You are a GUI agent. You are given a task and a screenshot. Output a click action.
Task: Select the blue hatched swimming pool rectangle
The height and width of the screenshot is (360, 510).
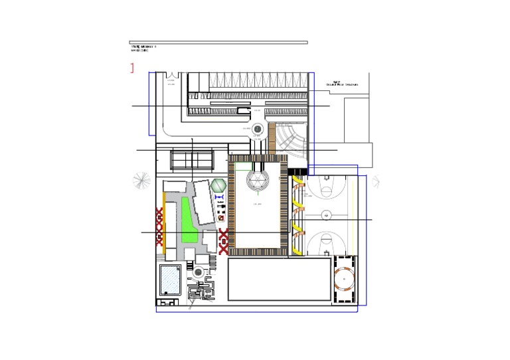pos(170,280)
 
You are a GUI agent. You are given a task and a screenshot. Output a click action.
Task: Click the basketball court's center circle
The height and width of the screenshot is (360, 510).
pos(326,215)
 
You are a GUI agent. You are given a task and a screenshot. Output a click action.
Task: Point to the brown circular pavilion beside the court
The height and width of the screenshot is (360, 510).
pos(345,280)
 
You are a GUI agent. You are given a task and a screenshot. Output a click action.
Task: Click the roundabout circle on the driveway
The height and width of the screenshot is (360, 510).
pos(257,129)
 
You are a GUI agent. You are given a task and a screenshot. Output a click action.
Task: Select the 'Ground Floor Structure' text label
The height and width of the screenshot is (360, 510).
pos(341,84)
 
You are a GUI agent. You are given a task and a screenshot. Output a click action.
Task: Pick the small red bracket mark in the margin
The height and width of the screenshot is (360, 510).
pos(133,67)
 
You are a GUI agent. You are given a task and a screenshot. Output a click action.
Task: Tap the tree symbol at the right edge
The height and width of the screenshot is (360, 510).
pos(375,180)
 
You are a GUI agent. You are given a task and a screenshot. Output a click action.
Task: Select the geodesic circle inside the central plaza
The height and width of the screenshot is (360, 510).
pos(257,179)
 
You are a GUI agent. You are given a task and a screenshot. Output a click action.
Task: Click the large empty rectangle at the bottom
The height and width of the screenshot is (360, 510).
pos(279,280)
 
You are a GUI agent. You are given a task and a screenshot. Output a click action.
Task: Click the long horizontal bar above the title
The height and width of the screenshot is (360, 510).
pos(218,43)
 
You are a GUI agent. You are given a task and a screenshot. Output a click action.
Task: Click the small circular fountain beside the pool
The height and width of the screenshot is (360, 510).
pos(198,271)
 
